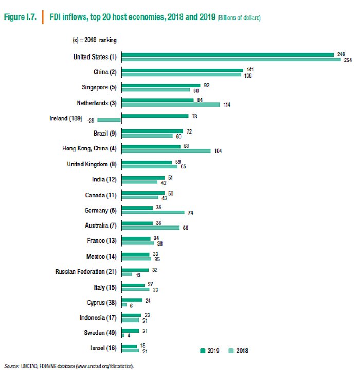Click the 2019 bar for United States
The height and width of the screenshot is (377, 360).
coord(228,54)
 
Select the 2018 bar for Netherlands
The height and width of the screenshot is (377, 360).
coord(170,105)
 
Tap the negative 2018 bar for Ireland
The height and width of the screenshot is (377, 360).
coord(112,120)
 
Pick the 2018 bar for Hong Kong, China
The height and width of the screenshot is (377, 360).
coord(166,150)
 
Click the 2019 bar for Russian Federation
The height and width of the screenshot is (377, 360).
coord(135,270)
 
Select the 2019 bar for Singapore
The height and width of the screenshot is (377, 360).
coord(160,86)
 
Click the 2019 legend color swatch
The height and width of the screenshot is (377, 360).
coord(202,351)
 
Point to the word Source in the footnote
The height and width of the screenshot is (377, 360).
coord(11,367)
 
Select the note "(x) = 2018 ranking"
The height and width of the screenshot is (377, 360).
coord(95,39)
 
